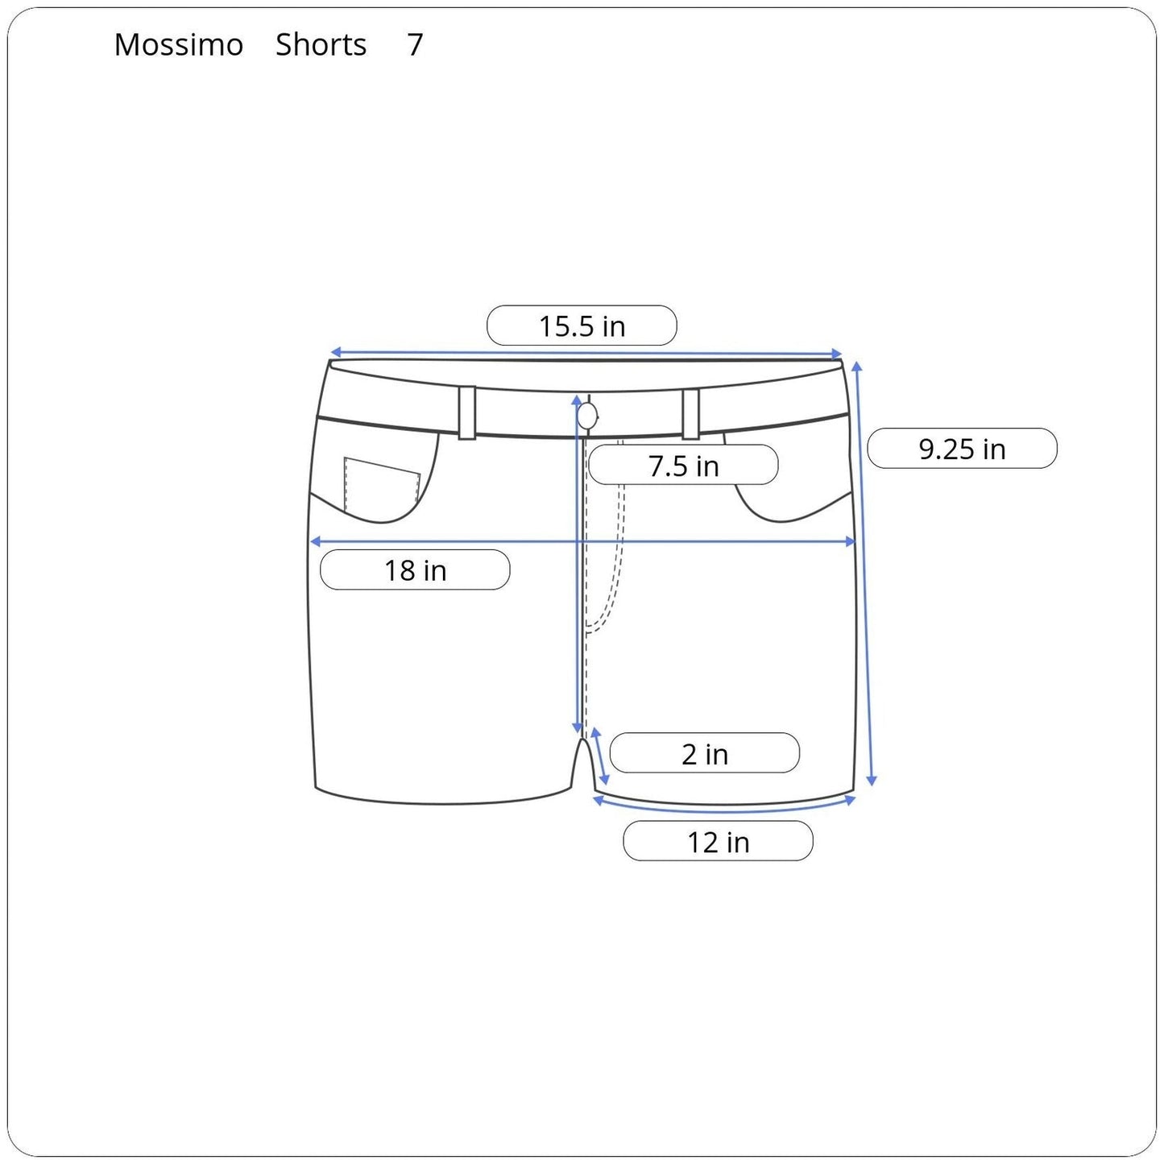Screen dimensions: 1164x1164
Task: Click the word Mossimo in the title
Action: point(179,44)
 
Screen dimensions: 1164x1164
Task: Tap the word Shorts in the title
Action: point(321,44)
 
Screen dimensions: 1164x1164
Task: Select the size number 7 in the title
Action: point(415,44)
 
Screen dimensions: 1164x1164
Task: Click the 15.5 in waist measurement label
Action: point(582,326)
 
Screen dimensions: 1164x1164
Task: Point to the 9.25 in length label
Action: point(963,449)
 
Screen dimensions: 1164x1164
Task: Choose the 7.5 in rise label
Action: point(683,466)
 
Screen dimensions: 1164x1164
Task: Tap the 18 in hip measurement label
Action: point(415,570)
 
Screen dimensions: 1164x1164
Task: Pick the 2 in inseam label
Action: point(705,755)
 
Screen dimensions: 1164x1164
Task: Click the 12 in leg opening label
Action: point(719,842)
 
